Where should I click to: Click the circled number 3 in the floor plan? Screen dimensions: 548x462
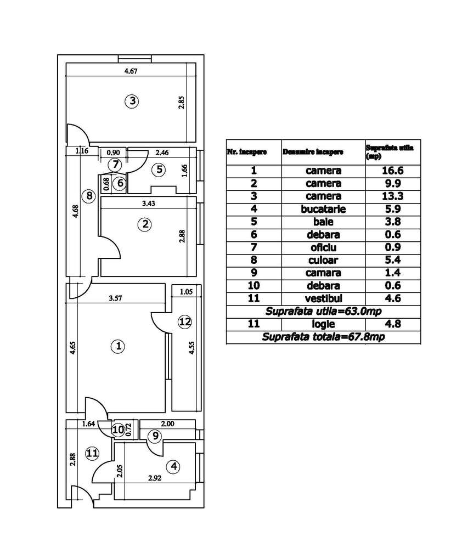click(x=132, y=101)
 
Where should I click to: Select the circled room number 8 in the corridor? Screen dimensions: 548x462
click(x=91, y=195)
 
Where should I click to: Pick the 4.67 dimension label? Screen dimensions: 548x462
click(x=130, y=71)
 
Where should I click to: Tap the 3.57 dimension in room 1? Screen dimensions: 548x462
click(x=115, y=299)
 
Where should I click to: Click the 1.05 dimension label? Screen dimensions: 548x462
click(x=185, y=292)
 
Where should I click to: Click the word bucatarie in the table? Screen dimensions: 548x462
click(x=324, y=209)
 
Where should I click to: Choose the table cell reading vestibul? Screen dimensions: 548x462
click(x=324, y=298)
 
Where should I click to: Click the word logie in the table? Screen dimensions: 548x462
click(x=324, y=324)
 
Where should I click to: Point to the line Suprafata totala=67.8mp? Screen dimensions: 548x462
click(x=323, y=337)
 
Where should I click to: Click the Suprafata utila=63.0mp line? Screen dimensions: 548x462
click(x=323, y=311)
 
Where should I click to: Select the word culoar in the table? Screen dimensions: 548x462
click(x=324, y=260)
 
